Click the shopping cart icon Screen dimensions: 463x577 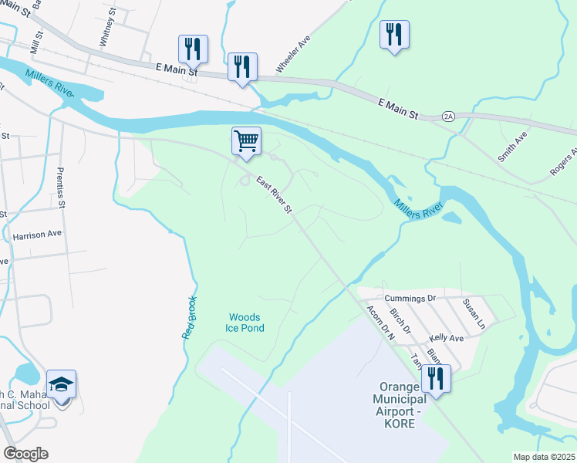[x=246, y=141]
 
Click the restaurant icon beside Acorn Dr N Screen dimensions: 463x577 [x=437, y=378]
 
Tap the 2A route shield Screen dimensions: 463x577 [x=449, y=116]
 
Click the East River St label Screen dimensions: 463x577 [x=275, y=195]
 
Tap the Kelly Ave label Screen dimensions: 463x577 [x=447, y=338]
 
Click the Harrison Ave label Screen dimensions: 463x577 [x=36, y=233]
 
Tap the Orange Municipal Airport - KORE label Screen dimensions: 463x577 [x=399, y=405]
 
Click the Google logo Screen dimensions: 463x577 [x=25, y=454]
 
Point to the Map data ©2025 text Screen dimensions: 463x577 [x=544, y=457]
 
